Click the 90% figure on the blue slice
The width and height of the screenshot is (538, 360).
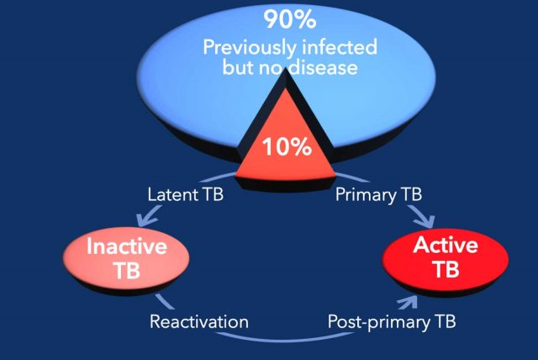click(x=290, y=19)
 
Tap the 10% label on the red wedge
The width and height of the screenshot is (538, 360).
click(x=287, y=147)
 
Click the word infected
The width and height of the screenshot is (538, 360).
click(x=335, y=47)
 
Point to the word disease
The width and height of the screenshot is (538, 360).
click(x=323, y=67)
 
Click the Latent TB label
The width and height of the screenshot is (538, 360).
click(x=185, y=194)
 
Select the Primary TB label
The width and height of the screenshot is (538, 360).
click(x=378, y=195)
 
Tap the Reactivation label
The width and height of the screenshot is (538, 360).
click(x=199, y=322)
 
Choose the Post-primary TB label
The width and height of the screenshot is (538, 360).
click(x=392, y=322)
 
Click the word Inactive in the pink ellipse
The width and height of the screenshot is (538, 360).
click(x=127, y=246)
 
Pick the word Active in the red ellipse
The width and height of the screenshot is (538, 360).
click(x=446, y=245)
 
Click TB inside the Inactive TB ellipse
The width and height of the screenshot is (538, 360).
click(x=127, y=270)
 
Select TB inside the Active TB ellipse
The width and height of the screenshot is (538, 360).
click(x=446, y=268)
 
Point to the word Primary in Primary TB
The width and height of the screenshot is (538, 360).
click(x=365, y=195)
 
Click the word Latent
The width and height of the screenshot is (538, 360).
click(x=172, y=194)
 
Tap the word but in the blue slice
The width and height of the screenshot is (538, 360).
click(x=239, y=67)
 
